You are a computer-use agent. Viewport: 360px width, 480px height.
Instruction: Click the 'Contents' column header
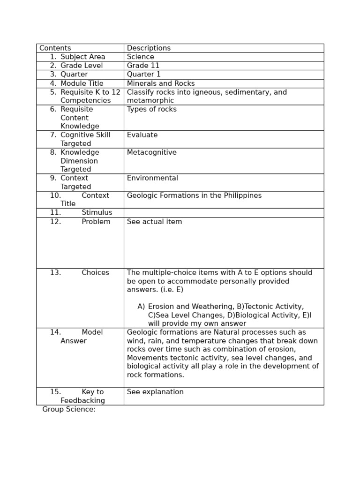(x=55, y=48)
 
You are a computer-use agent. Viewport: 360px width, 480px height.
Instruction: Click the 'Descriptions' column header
(x=149, y=48)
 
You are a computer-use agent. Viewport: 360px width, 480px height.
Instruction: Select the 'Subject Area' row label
(x=82, y=57)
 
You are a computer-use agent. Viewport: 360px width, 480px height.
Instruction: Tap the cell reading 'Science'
(x=140, y=57)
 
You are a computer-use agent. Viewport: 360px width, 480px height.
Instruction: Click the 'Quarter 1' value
(x=143, y=75)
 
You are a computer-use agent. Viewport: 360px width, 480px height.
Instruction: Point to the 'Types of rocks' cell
(x=151, y=109)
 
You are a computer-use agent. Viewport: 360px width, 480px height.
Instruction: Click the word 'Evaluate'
(x=142, y=135)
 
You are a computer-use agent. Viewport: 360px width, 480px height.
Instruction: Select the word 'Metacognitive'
(x=151, y=152)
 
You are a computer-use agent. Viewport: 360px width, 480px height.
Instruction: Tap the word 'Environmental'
(x=152, y=178)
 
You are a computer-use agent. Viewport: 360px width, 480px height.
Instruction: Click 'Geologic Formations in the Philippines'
(x=194, y=195)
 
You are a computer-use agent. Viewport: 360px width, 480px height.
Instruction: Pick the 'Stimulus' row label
(x=97, y=213)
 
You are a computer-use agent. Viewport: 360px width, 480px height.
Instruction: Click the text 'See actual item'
(x=154, y=222)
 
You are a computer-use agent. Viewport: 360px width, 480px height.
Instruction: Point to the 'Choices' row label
(x=95, y=273)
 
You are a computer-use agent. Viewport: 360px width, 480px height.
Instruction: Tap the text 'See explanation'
(x=155, y=392)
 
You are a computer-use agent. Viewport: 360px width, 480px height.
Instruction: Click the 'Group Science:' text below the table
(x=69, y=409)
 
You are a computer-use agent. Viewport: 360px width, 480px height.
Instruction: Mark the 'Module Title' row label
(x=82, y=83)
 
